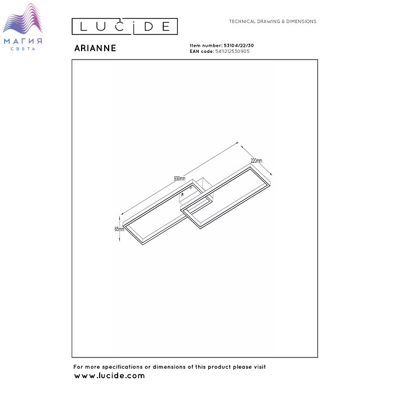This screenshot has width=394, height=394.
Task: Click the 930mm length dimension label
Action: tap(180, 178)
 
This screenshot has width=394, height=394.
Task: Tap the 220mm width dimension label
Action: tap(256, 160)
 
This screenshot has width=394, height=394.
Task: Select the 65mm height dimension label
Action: tap(119, 229)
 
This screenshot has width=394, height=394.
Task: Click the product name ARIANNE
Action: tap(95, 48)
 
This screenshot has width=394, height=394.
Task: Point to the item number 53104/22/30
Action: tap(239, 46)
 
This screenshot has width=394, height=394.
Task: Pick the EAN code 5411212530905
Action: tap(232, 51)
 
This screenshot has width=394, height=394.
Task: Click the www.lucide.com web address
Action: tap(109, 376)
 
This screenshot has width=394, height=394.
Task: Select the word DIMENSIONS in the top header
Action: tap(301, 21)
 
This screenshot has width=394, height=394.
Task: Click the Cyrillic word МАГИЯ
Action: tap(23, 41)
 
